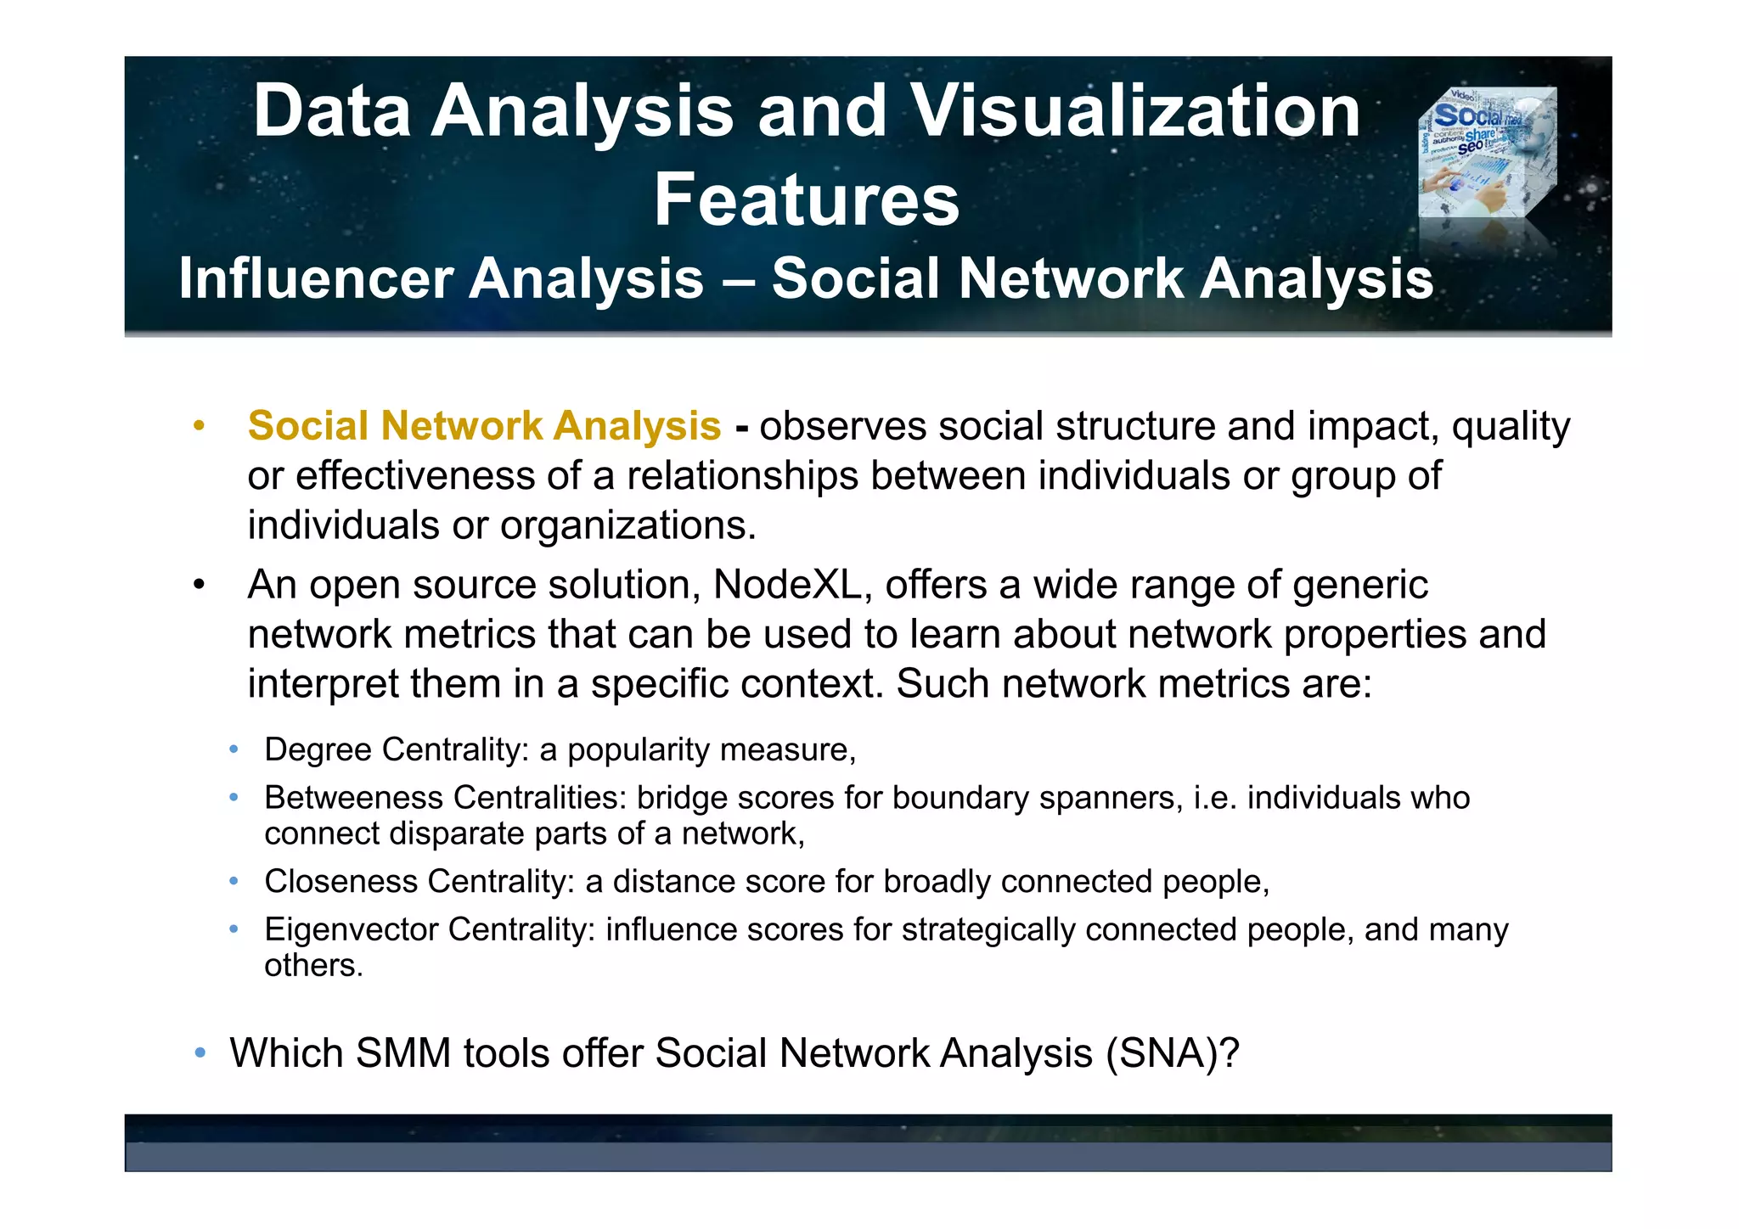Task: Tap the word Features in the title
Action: click(806, 200)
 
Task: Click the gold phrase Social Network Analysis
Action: click(484, 426)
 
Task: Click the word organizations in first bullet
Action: click(628, 525)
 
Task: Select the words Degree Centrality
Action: click(396, 749)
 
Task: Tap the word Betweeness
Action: click(353, 798)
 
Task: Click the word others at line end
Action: click(312, 966)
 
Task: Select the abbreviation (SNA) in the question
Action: click(1171, 1053)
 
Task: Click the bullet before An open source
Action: click(199, 586)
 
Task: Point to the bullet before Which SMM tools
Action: click(200, 1053)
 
